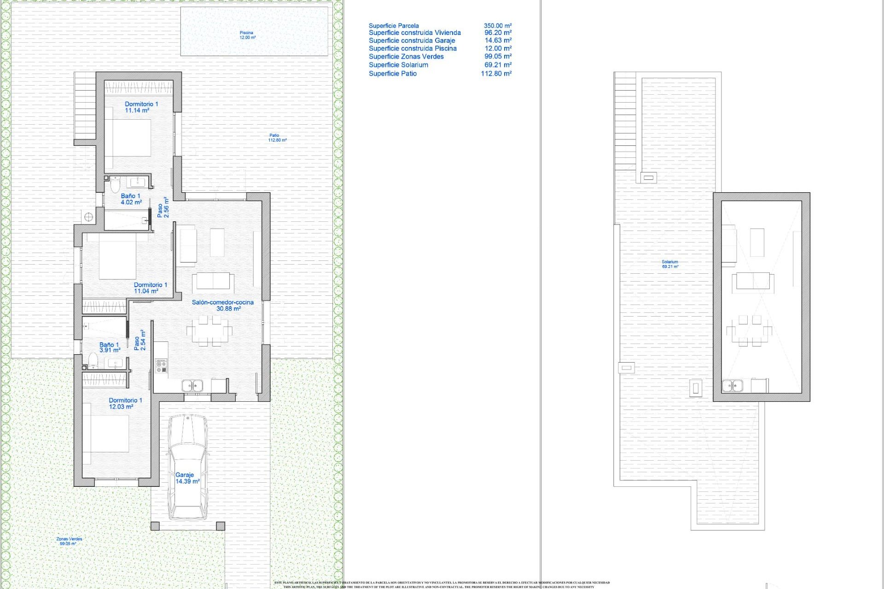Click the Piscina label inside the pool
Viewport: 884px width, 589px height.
point(247,35)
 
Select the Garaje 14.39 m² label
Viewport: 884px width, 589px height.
point(187,478)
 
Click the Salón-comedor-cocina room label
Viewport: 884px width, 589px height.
point(223,306)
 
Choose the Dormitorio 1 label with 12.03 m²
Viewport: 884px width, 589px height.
point(125,404)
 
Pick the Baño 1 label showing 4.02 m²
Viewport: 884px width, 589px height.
point(131,199)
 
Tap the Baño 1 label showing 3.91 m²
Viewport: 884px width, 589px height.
point(110,347)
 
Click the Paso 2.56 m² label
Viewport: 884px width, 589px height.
point(163,207)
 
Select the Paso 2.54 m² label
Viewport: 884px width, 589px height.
point(140,341)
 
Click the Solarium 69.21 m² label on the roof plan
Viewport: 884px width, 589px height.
point(670,264)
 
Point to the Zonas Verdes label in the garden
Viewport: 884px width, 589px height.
point(69,541)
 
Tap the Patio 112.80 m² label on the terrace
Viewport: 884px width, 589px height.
point(277,138)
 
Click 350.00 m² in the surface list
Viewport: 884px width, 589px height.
point(497,26)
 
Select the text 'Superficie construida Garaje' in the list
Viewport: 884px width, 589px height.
point(412,40)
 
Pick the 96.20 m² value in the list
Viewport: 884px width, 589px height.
point(497,33)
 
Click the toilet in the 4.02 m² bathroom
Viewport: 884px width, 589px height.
point(115,185)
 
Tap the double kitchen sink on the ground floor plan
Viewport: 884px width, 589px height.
point(192,385)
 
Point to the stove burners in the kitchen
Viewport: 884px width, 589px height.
point(161,366)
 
